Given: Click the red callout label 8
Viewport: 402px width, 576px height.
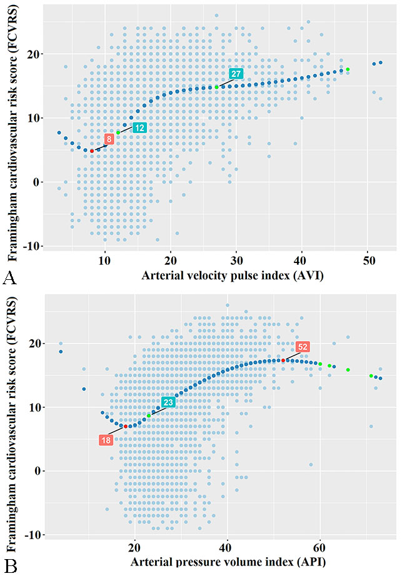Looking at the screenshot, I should (x=109, y=139).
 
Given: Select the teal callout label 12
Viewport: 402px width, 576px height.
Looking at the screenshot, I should (x=139, y=127).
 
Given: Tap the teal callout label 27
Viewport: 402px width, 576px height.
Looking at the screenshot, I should (x=236, y=74).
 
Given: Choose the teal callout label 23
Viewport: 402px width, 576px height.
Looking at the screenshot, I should (x=168, y=402).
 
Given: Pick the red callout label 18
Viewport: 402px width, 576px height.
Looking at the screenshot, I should (x=106, y=440).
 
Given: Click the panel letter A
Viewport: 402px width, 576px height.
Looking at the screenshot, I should (x=9, y=276).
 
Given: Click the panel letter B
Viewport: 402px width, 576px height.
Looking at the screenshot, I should (x=9, y=566).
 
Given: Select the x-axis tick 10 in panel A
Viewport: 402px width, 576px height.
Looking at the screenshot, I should (x=105, y=259).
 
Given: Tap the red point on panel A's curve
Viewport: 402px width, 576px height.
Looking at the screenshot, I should (x=92, y=151).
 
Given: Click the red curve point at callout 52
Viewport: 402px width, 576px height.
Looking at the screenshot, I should (x=283, y=360).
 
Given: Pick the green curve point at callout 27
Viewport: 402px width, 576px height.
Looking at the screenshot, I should (x=217, y=87).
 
